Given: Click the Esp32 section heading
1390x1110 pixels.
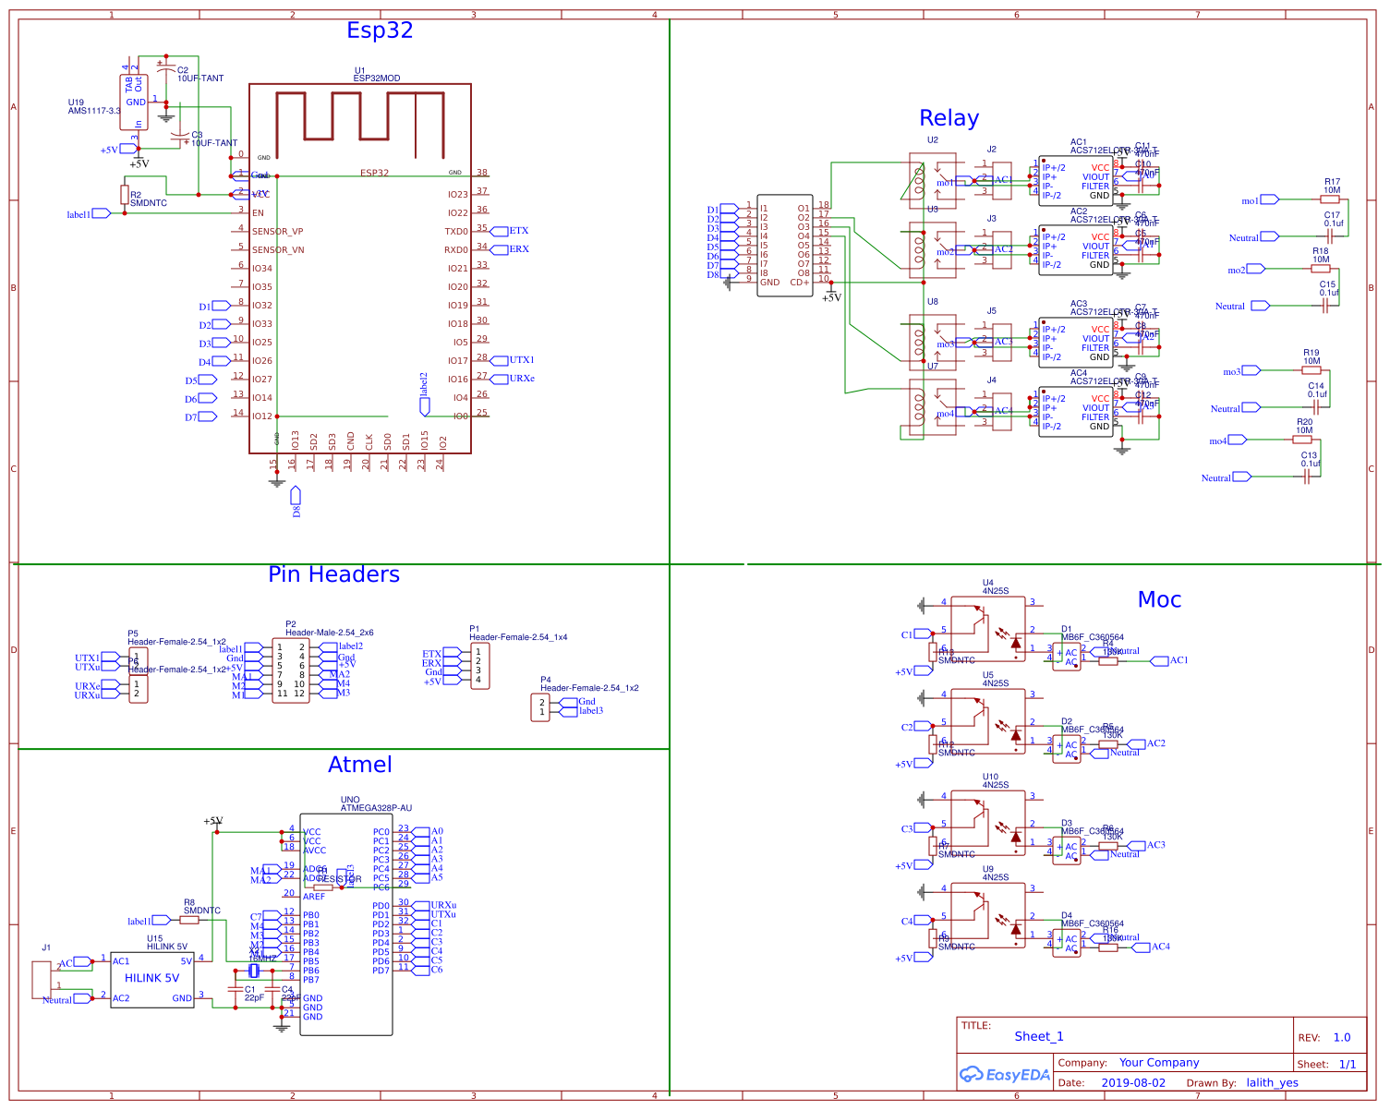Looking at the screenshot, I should [x=380, y=30].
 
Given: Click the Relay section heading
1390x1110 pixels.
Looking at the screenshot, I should [x=949, y=118].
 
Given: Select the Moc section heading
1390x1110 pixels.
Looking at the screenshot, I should [x=1159, y=600].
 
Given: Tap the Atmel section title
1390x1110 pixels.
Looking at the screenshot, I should [x=359, y=765].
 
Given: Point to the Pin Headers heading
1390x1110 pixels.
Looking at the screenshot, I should [x=333, y=574].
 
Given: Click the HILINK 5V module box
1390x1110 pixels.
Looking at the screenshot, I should [x=152, y=979].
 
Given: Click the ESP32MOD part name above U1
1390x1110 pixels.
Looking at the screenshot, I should [x=377, y=78].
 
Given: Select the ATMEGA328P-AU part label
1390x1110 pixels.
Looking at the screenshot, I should [x=376, y=808].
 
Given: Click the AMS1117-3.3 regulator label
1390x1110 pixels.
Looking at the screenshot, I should [x=93, y=111].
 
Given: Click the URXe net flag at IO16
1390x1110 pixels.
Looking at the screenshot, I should [x=522, y=379].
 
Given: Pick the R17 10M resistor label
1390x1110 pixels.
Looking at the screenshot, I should [x=1332, y=187].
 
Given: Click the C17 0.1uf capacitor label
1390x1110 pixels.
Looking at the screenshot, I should [x=1333, y=220].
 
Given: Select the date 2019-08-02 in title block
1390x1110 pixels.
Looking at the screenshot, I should [x=1133, y=1083].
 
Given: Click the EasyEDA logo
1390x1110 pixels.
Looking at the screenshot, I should [x=1005, y=1075].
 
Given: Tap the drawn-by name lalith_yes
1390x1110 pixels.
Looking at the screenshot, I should [x=1272, y=1083].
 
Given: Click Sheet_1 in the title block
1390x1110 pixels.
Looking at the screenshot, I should [x=1039, y=1037].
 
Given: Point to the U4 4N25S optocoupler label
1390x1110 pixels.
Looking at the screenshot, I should [x=995, y=587].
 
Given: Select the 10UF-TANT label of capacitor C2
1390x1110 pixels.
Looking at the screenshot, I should [x=200, y=78].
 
